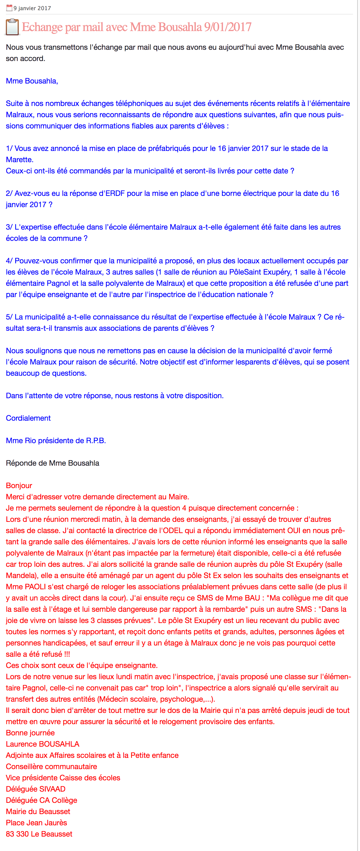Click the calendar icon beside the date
pyautogui.click(x=9, y=8)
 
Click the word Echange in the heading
pyautogui.click(x=42, y=27)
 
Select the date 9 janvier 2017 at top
pyautogui.click(x=32, y=8)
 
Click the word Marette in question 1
pyautogui.click(x=19, y=159)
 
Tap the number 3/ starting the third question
pyautogui.click(x=9, y=227)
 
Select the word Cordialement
pyautogui.click(x=28, y=418)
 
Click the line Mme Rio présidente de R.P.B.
pyautogui.click(x=56, y=440)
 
